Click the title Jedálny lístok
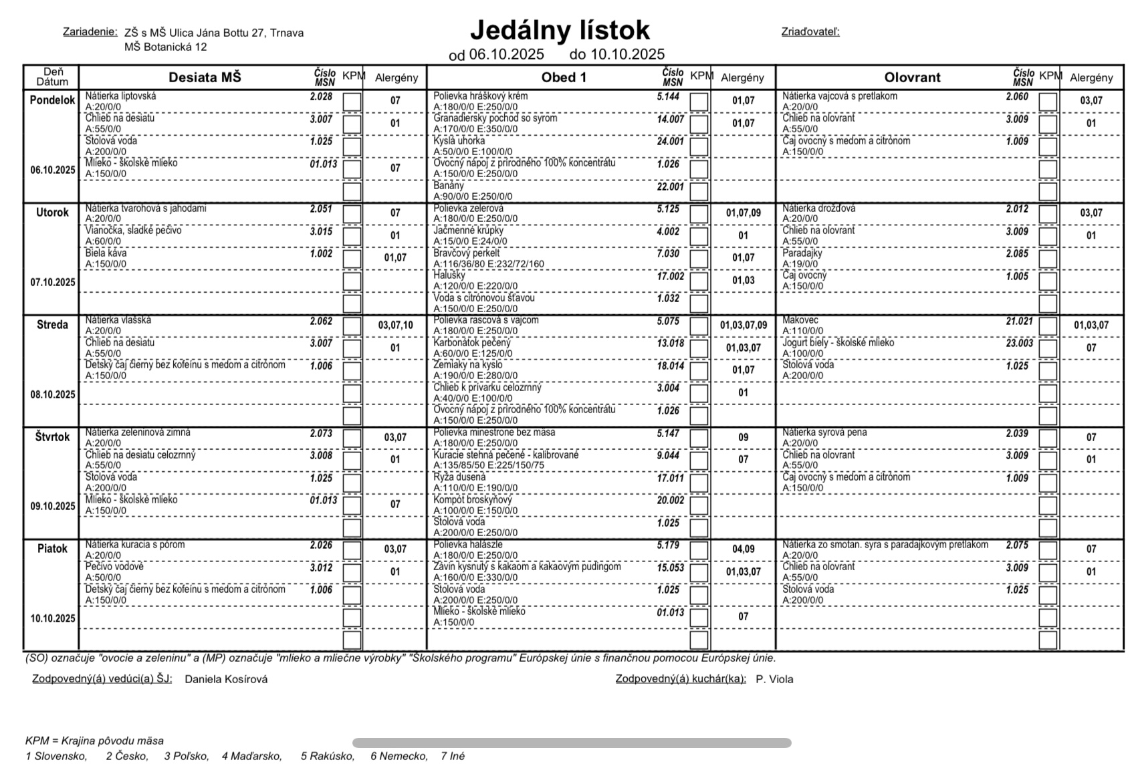pos(560,31)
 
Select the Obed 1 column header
pos(564,78)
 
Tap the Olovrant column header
pos(912,78)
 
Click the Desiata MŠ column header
pos(205,78)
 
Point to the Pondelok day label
pos(52,100)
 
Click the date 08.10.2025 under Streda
pos(53,394)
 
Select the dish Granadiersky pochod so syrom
pos(495,118)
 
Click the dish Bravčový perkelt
pos(467,253)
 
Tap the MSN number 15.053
pos(670,567)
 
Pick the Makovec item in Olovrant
pos(800,321)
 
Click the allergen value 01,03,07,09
pos(744,326)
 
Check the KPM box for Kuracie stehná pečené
pos(699,461)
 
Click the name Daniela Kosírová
pos(226,679)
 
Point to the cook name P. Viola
pos(774,679)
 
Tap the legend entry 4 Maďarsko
pos(251,756)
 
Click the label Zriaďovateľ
pos(810,32)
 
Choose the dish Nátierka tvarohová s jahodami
pos(146,209)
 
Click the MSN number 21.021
pos(1019,322)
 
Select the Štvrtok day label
pos(52,437)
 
